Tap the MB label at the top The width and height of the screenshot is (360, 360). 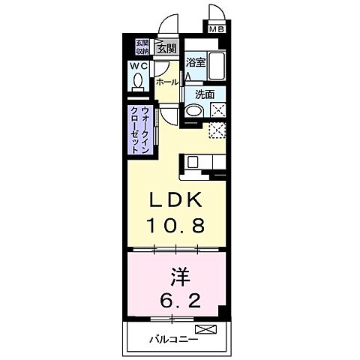[217, 30]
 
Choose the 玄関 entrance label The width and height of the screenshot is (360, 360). [166, 48]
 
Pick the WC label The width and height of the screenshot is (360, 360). [139, 67]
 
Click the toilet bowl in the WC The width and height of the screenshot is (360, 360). [138, 87]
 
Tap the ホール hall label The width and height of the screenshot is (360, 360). [167, 82]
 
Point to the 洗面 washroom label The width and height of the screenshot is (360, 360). [205, 95]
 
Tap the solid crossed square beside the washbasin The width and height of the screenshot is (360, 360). [218, 111]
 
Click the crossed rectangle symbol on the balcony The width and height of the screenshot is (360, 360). [204, 329]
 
